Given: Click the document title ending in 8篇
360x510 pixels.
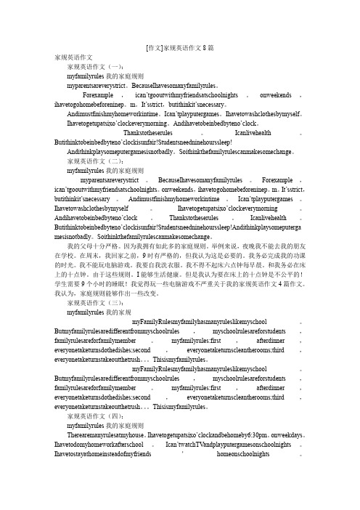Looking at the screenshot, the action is coord(179,46).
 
